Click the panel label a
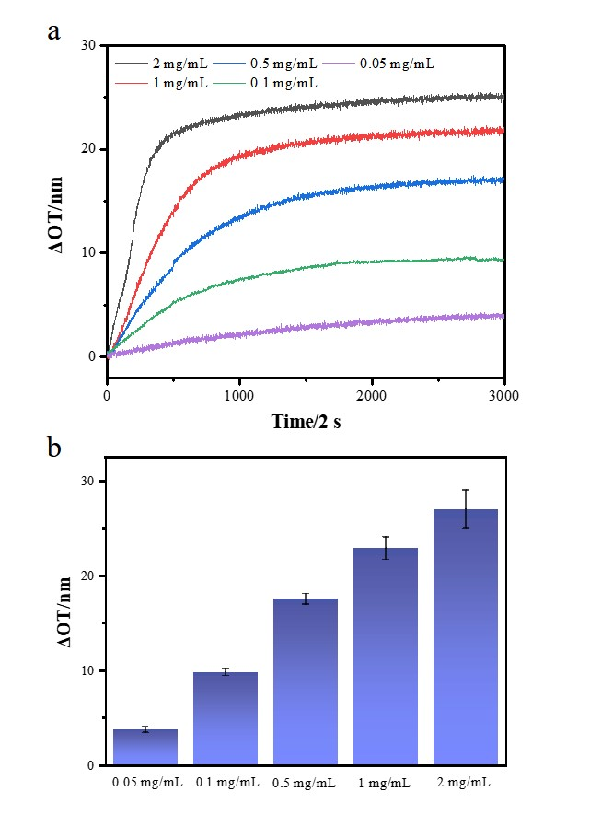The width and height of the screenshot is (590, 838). [55, 32]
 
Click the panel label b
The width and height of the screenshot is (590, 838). [55, 448]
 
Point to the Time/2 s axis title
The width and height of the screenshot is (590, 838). [307, 421]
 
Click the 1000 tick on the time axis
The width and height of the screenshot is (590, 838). [239, 394]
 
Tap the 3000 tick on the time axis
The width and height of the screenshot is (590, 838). [503, 394]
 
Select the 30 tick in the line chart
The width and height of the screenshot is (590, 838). [89, 45]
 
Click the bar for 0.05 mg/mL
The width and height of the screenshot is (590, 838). [145, 747]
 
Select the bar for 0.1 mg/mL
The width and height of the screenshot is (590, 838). [225, 718]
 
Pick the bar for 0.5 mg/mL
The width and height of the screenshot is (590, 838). [305, 681]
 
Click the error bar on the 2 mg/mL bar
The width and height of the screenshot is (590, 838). [466, 508]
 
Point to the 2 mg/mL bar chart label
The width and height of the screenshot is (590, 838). [466, 784]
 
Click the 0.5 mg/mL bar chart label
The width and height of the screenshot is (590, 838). [305, 784]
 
